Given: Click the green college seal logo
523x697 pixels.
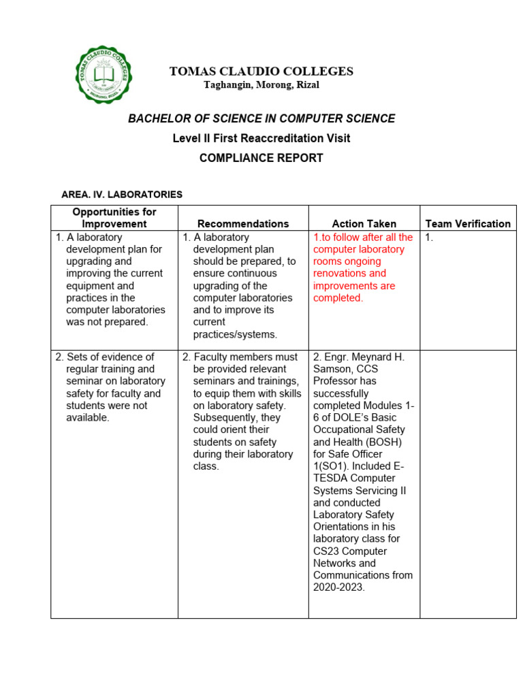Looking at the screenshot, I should coord(104,75).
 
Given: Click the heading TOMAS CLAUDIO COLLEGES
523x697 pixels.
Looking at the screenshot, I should coord(261,71).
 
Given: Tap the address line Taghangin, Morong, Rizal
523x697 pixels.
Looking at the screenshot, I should coord(261,85).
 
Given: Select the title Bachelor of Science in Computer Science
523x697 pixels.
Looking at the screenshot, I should coord(261,118).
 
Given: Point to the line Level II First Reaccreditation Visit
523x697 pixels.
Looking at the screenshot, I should coord(261,138).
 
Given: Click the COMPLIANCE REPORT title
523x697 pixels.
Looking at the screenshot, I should coord(261,158).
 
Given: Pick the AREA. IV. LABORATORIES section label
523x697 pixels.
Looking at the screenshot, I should coord(122,195).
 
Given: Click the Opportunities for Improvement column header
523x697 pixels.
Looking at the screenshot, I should coord(114,218).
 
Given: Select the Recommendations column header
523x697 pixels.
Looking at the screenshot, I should coord(243,223).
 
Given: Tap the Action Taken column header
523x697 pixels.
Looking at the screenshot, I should coord(364,223).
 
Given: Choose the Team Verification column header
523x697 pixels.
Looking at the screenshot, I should coord(468,223).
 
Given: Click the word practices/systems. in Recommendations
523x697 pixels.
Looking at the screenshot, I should coord(235,334).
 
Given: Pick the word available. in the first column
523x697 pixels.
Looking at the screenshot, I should coord(88,418).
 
